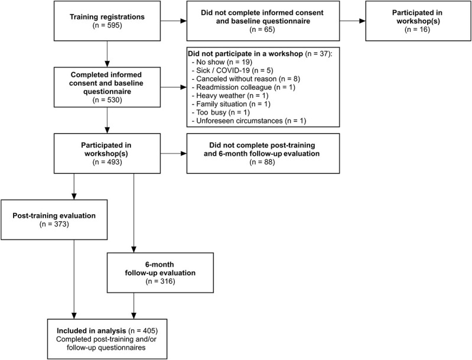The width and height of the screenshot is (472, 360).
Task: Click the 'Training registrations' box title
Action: click(107, 17)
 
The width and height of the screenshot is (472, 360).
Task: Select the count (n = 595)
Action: click(107, 25)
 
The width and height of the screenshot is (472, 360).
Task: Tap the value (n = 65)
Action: click(262, 30)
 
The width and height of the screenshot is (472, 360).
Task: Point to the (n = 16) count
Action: click(417, 30)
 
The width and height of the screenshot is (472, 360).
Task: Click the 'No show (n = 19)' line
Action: click(222, 62)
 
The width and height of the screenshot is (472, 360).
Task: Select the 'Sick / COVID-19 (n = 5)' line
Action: click(232, 70)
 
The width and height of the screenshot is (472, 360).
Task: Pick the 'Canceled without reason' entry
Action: click(236, 79)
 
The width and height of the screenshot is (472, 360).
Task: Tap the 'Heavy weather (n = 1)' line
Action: click(230, 96)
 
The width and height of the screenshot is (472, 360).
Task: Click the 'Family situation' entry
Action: click(222, 104)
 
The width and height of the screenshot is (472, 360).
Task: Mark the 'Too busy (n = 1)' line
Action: click(221, 113)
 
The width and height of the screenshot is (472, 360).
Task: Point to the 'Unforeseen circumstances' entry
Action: click(240, 121)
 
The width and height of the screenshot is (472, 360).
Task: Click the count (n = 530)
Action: click(107, 100)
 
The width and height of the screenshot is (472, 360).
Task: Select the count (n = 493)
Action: click(107, 162)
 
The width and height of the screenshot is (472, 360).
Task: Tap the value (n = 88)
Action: click(262, 162)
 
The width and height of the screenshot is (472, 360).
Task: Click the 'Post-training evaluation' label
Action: click(54, 215)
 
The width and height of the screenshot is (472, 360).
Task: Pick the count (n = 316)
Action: click(160, 282)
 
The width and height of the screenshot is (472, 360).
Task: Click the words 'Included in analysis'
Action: click(92, 331)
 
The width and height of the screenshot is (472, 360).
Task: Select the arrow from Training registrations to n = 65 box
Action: click(174, 21)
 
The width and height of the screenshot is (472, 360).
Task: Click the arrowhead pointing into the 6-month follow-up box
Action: click(134, 250)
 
